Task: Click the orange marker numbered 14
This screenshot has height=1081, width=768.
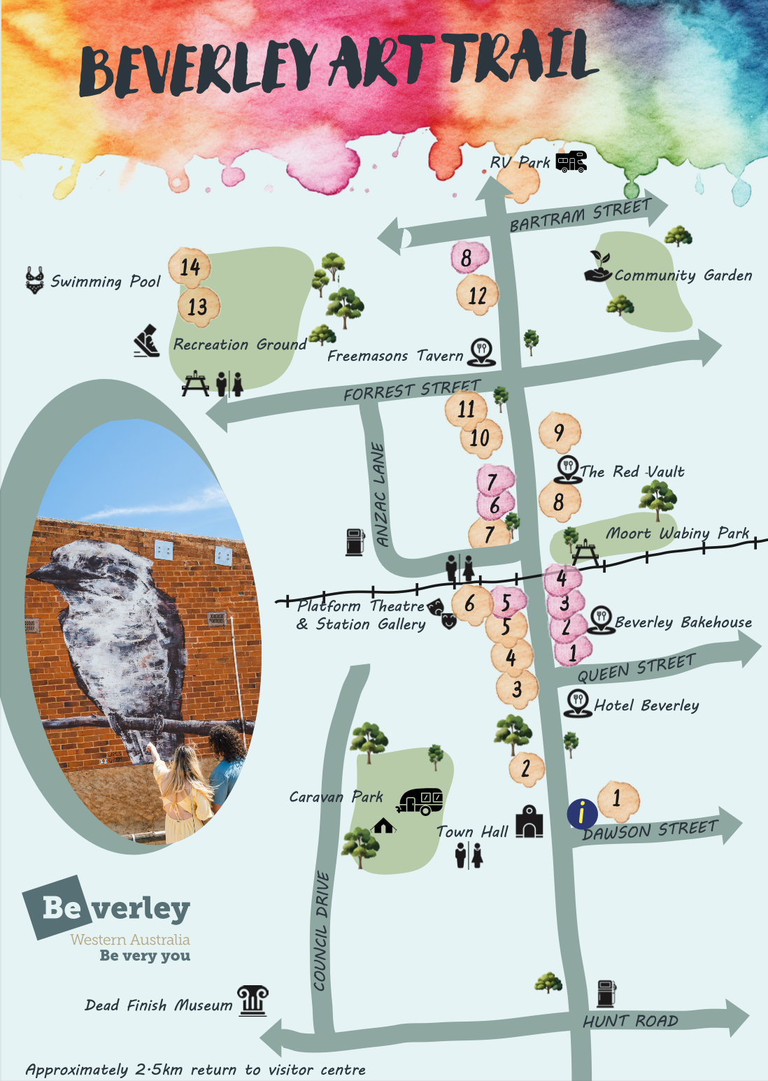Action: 190,266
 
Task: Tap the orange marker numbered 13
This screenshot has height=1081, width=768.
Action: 198,306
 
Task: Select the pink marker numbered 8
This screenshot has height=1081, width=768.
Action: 467,258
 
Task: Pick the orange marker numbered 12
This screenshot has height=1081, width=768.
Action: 478,295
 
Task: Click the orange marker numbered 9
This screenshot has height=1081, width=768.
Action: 560,432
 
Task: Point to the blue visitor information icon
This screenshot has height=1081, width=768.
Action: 582,813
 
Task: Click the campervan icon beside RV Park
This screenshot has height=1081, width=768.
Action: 571,162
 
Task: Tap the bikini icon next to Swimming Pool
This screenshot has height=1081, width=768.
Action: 34,280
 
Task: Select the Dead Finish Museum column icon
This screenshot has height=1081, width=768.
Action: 253,1001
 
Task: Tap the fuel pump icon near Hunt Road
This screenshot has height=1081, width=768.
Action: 606,994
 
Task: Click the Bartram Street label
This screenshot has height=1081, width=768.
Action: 580,215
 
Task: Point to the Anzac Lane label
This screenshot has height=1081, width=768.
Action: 379,494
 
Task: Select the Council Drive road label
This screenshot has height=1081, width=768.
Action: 321,930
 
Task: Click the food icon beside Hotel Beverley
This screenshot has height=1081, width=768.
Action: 577,703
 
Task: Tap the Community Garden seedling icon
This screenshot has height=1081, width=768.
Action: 598,266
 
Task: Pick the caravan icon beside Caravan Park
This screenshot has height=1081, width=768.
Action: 420,801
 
